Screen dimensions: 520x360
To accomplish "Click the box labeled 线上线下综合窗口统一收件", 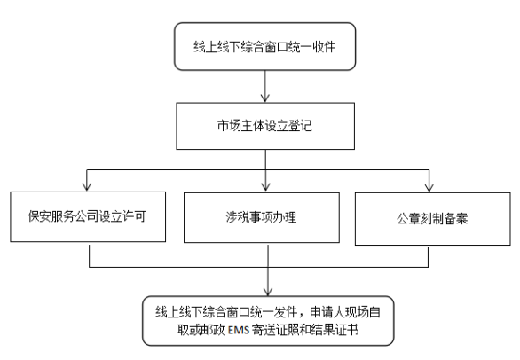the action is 265,46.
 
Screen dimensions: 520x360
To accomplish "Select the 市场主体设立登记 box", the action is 265,126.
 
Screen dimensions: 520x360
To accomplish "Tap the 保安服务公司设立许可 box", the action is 88,216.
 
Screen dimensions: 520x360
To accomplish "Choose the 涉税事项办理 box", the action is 262,217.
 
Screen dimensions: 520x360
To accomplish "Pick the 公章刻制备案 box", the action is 433,219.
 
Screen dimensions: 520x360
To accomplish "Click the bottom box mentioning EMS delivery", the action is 268,321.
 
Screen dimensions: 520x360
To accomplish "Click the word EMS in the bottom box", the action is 239,330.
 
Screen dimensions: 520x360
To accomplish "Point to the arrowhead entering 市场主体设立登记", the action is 265,98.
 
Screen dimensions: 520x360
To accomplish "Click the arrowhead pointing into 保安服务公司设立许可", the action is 87,186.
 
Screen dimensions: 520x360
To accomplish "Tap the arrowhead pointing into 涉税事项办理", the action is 265,187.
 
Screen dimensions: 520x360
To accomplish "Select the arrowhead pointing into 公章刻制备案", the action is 429,188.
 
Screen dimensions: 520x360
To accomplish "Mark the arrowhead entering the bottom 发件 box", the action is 268,292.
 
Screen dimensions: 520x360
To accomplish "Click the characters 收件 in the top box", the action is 324,47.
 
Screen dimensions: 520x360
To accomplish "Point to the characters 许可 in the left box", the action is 134,216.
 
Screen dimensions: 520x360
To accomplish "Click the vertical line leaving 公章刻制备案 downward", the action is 428,256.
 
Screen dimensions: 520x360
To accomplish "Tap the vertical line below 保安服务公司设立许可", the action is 90,254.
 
